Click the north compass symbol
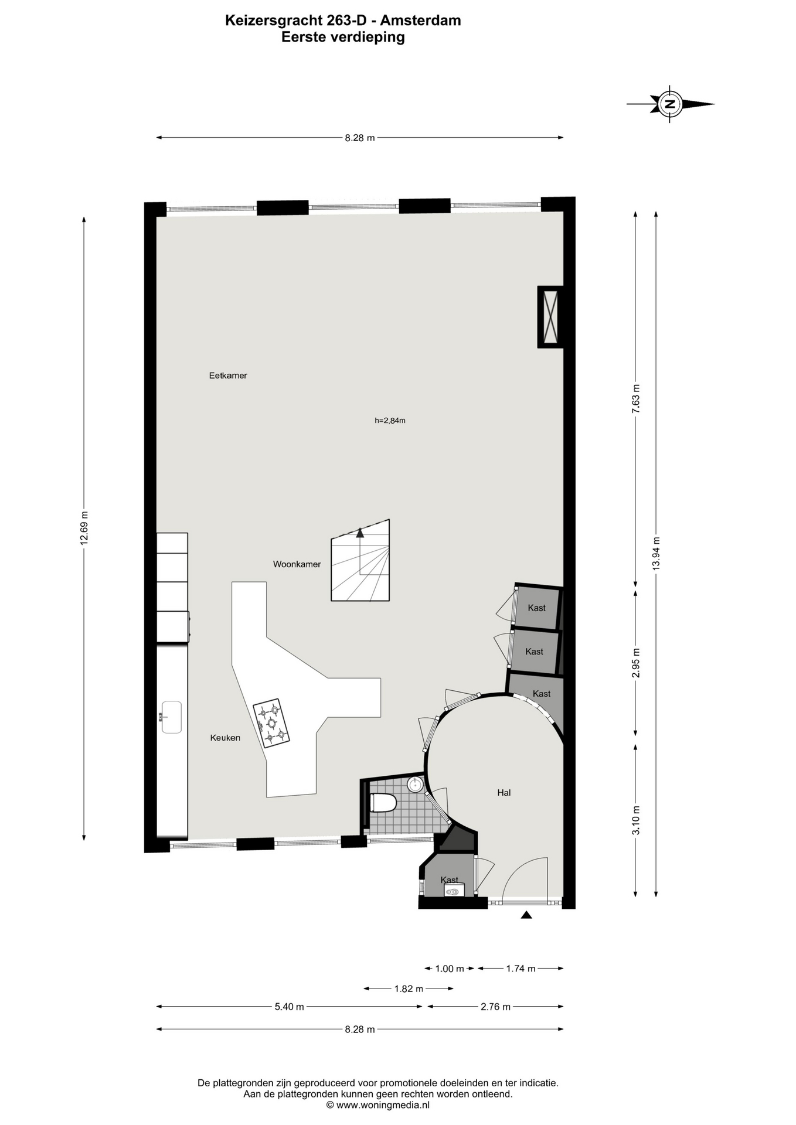click(x=670, y=104)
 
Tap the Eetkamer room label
click(x=228, y=376)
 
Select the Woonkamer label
click(x=297, y=564)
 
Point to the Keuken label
click(x=225, y=738)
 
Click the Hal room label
click(x=504, y=792)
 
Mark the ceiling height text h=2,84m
click(x=390, y=420)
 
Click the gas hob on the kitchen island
click(x=271, y=723)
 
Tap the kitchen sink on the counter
click(x=171, y=717)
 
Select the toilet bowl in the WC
click(x=383, y=802)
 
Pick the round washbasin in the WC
click(x=416, y=784)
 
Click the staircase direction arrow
click(x=360, y=533)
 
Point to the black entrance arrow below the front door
click(x=526, y=915)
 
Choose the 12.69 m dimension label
click(x=84, y=529)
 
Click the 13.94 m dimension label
click(x=656, y=554)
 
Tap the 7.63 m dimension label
click(x=636, y=399)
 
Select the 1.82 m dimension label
click(x=409, y=988)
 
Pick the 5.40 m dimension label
click(x=290, y=1007)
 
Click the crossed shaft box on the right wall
click(x=550, y=316)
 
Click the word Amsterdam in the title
click(x=421, y=21)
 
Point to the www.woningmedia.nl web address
click(x=383, y=1105)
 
